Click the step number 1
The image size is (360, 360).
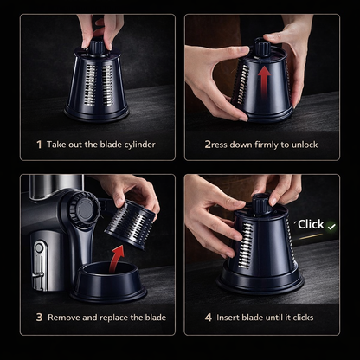tap(39, 145)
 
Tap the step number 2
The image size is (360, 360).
tap(208, 145)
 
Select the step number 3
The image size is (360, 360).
tap(39, 318)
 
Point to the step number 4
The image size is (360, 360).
tap(209, 318)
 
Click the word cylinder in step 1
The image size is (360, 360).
tap(140, 145)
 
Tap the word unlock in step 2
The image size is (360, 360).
tap(305, 145)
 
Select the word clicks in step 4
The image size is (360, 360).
tap(303, 318)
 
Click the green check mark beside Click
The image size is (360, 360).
tap(331, 227)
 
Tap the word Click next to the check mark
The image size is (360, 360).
tap(311, 224)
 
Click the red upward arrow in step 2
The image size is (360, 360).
tap(264, 82)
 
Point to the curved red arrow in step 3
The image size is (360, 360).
tap(116, 259)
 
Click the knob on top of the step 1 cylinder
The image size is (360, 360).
tap(96, 47)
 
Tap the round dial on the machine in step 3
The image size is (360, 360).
tap(85, 209)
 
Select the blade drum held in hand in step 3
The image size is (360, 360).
tap(130, 224)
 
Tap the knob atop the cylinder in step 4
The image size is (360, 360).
tap(261, 204)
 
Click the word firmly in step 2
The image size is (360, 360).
tap(267, 145)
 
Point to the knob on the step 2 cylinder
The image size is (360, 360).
tap(262, 48)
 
